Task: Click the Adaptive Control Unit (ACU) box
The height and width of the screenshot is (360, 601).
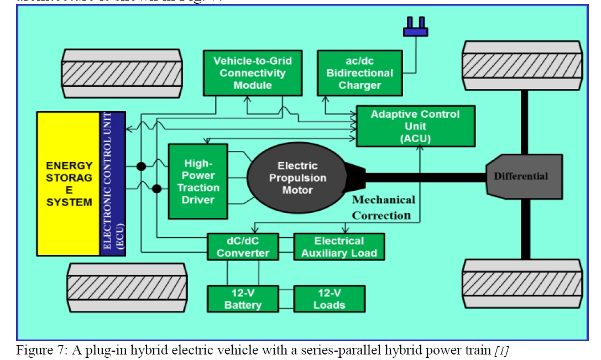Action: pyautogui.click(x=415, y=126)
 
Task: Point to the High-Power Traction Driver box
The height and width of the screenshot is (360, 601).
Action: pyautogui.click(x=197, y=181)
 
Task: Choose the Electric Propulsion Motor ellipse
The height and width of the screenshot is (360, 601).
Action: pyautogui.click(x=297, y=178)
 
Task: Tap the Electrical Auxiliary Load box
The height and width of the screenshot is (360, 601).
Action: pyautogui.click(x=338, y=247)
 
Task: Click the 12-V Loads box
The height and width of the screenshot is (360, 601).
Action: pyautogui.click(x=329, y=299)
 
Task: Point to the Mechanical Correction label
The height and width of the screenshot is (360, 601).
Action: pyautogui.click(x=383, y=207)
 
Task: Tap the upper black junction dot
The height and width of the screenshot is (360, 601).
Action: pyautogui.click(x=141, y=166)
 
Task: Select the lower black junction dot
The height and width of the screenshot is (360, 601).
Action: pyautogui.click(x=156, y=189)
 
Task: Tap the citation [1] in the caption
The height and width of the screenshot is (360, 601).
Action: pyautogui.click(x=504, y=349)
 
